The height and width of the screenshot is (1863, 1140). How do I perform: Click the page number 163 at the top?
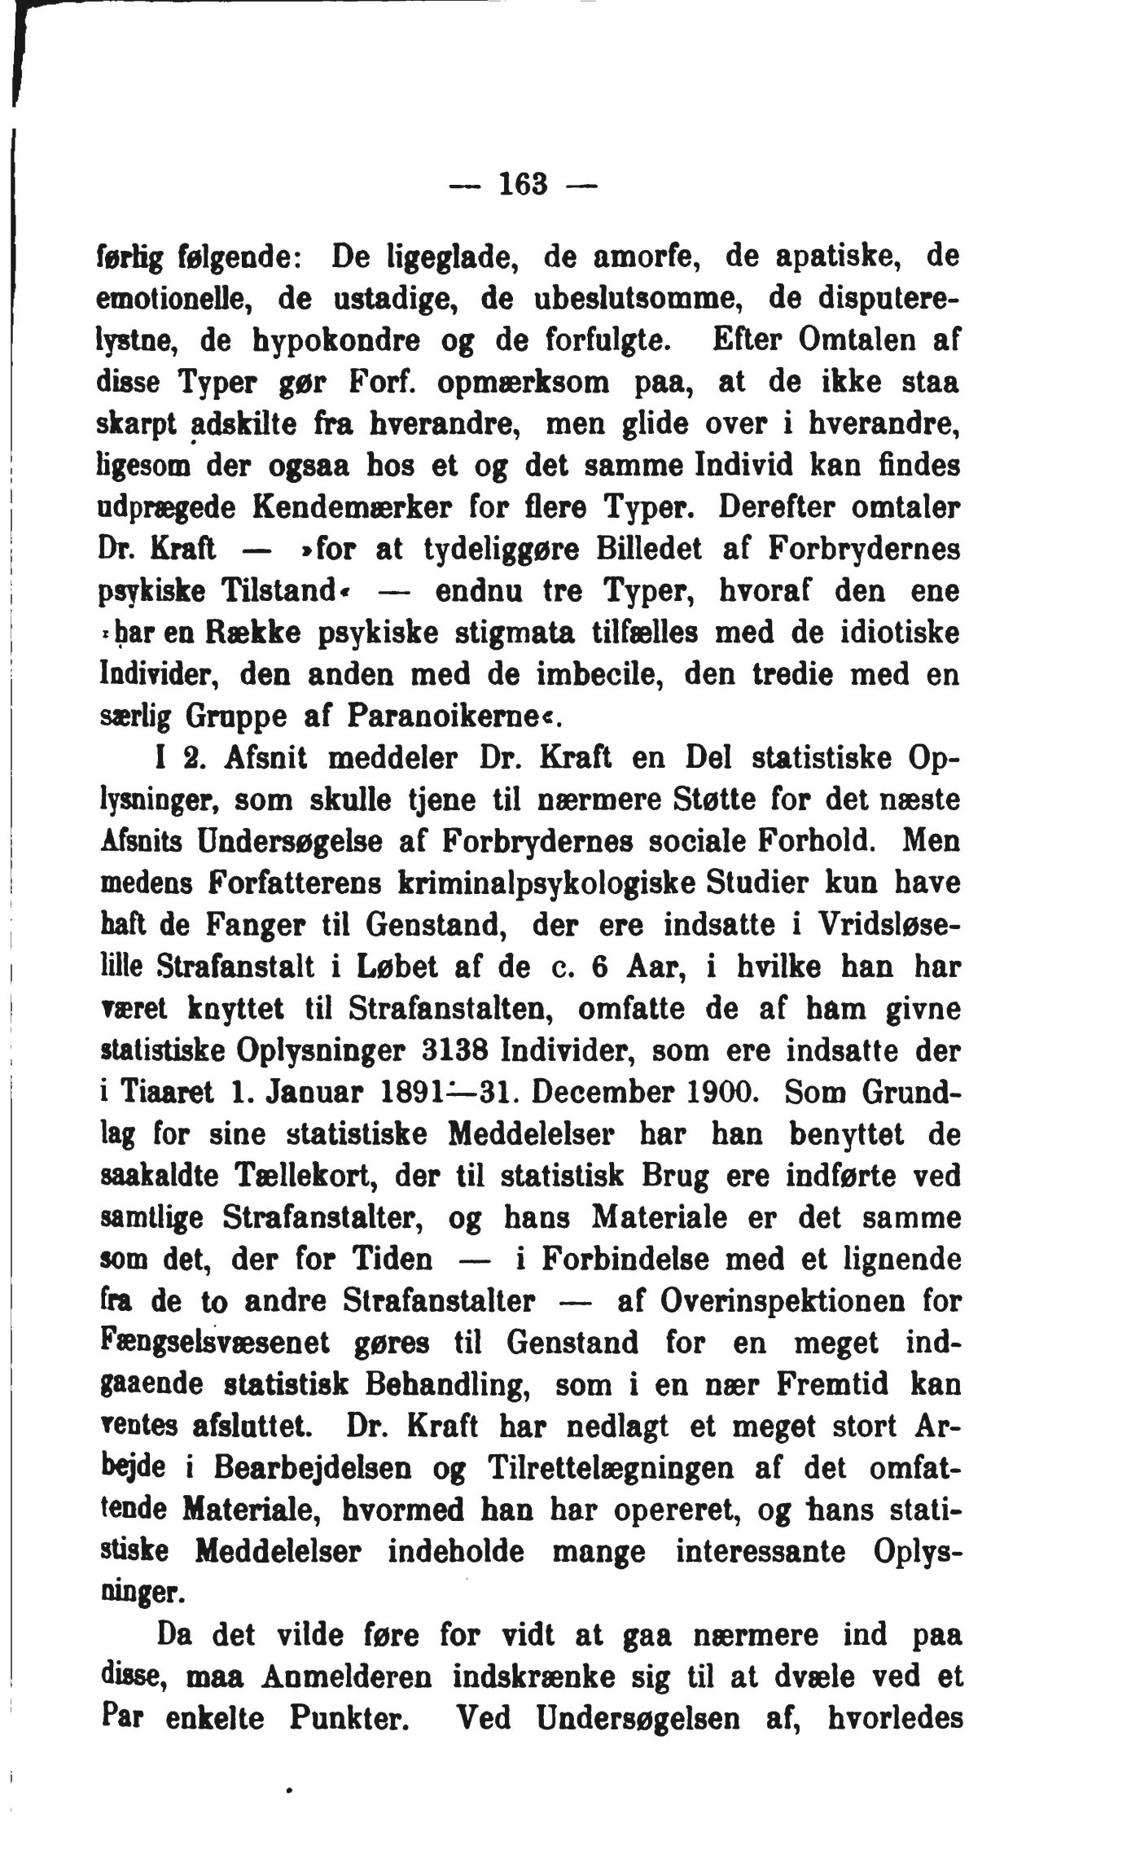[523, 185]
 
